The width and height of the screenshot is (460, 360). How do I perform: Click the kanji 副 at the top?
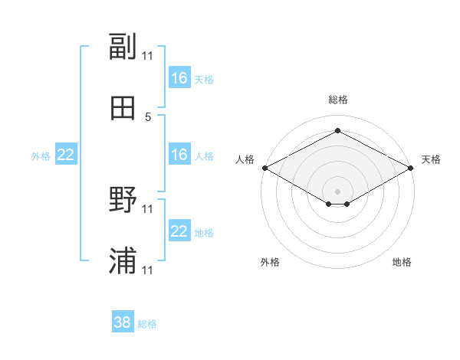[x=123, y=46]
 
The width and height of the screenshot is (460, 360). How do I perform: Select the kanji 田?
[x=123, y=108]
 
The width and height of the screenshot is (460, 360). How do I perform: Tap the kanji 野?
[x=123, y=199]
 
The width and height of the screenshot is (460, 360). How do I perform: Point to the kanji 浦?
[x=123, y=260]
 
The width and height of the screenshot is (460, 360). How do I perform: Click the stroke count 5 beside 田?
[x=148, y=117]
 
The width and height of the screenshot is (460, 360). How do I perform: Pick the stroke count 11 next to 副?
[x=147, y=56]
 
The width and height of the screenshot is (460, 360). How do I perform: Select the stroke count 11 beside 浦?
[x=147, y=270]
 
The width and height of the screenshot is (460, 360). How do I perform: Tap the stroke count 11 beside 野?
[x=147, y=209]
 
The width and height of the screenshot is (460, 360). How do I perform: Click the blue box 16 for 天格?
[x=179, y=77]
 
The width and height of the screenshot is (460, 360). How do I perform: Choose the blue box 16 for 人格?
[x=179, y=154]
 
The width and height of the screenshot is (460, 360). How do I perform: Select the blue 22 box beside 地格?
[x=179, y=230]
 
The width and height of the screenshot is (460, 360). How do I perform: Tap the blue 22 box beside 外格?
[x=66, y=154]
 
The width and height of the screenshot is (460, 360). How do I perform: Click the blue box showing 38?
[x=123, y=321]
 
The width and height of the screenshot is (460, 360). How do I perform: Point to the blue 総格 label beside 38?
[x=147, y=324]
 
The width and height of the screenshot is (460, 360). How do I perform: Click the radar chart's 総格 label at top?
[x=338, y=100]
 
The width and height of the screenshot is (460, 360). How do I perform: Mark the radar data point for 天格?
[x=411, y=168]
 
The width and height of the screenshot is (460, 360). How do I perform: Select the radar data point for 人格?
[x=265, y=168]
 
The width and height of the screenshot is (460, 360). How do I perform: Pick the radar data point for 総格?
[x=337, y=130]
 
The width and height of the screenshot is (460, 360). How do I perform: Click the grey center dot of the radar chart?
[x=337, y=191]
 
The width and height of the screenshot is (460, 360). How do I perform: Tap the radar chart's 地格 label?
[x=402, y=262]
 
